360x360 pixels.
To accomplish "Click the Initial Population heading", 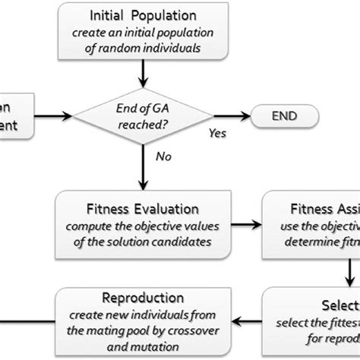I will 142,15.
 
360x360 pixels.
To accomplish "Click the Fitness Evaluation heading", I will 142,208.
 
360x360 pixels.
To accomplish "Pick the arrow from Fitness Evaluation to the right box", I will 245,224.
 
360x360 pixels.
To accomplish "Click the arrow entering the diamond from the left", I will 53,116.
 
